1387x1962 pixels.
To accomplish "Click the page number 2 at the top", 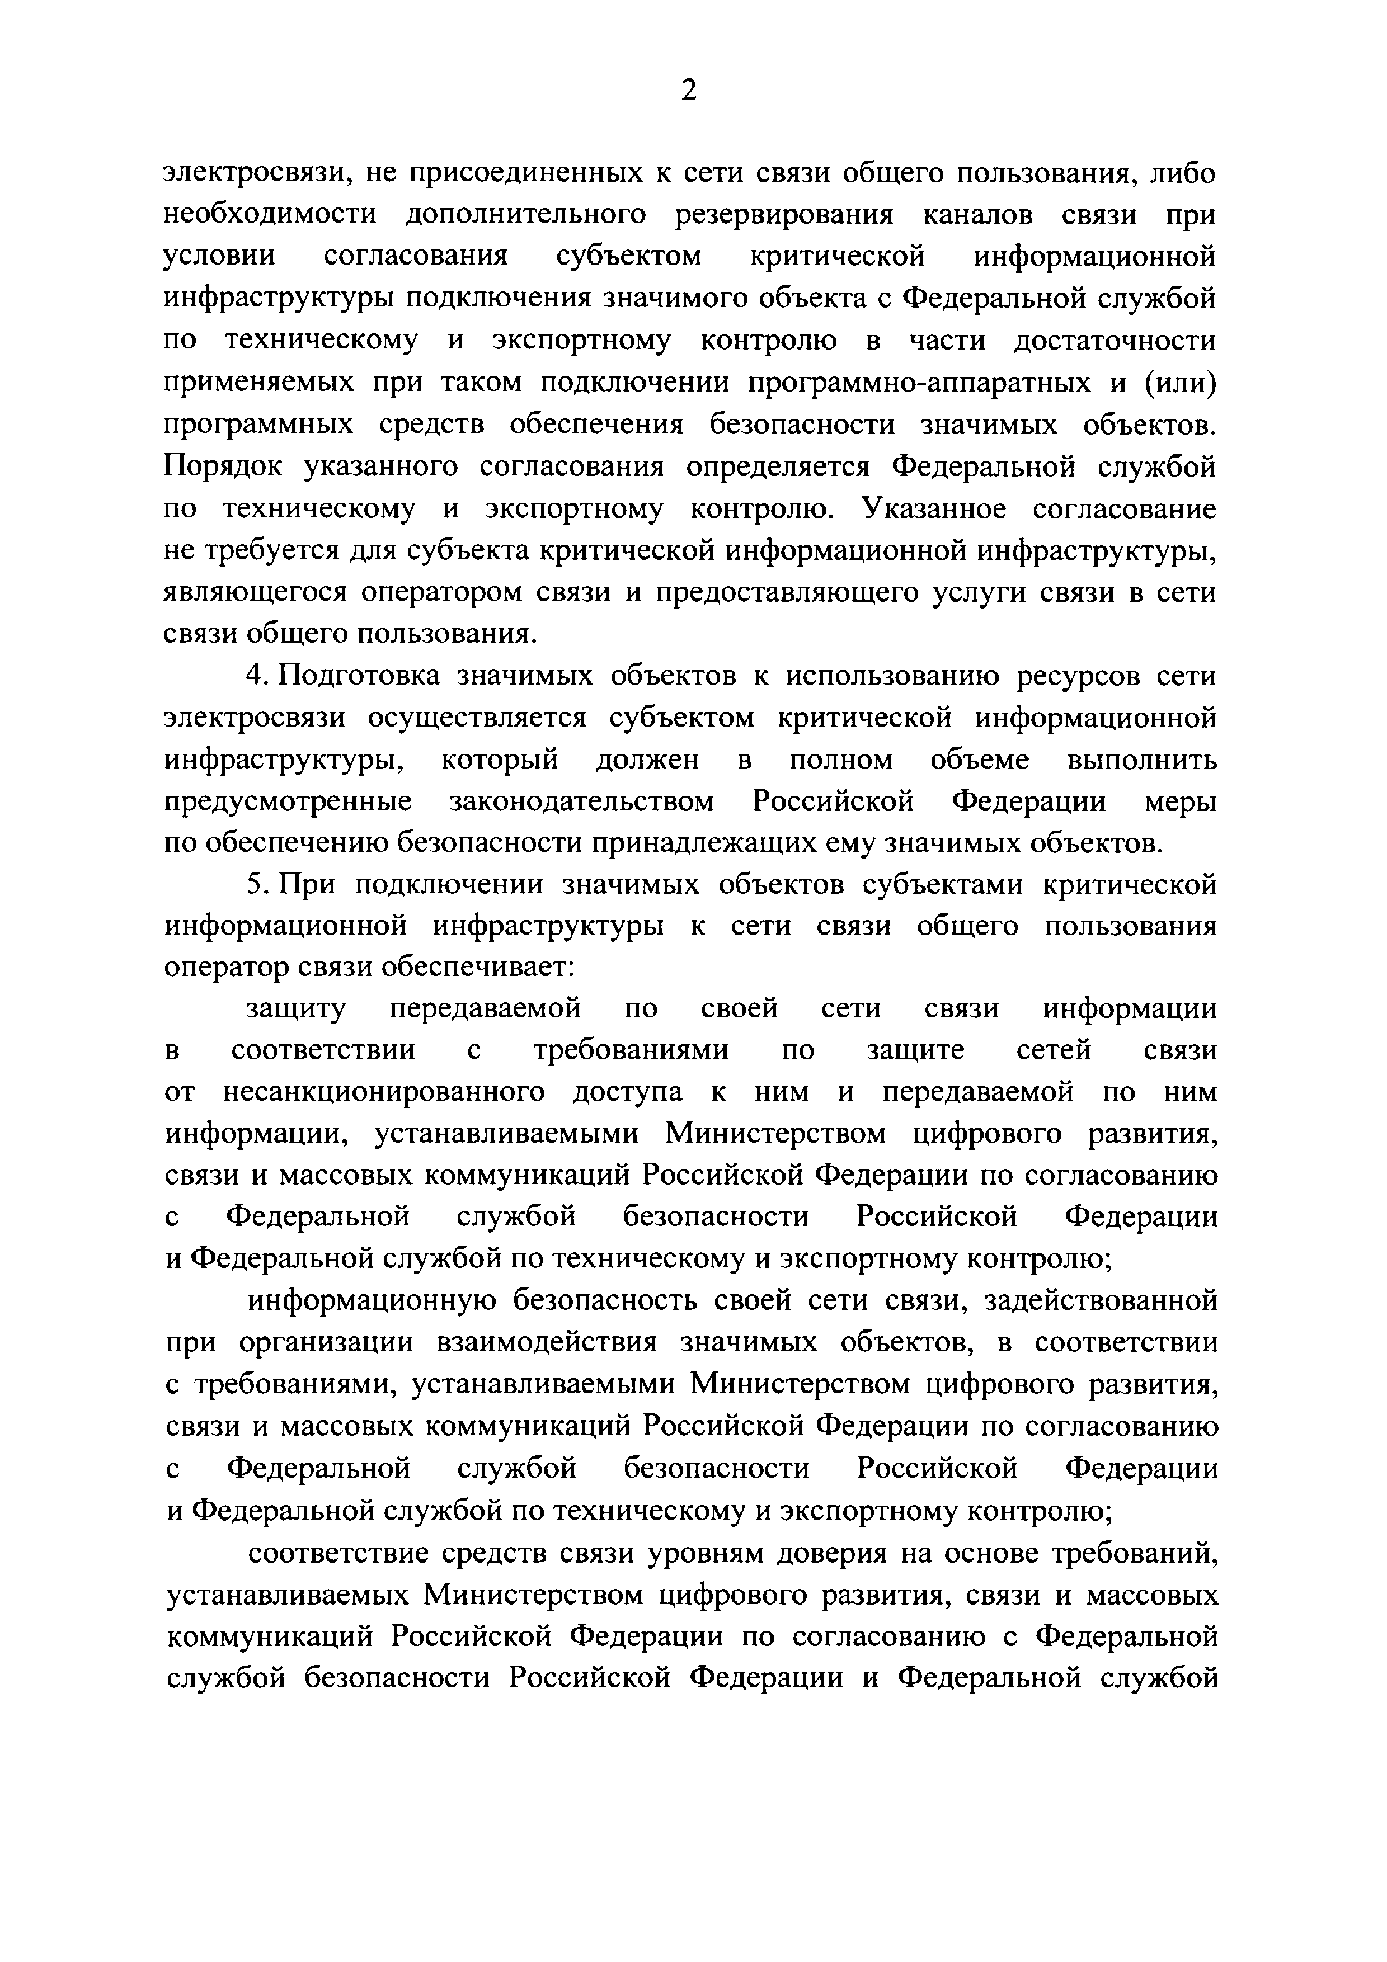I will pyautogui.click(x=689, y=89).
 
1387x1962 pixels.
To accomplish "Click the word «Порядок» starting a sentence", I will pyautogui.click(x=219, y=466).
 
